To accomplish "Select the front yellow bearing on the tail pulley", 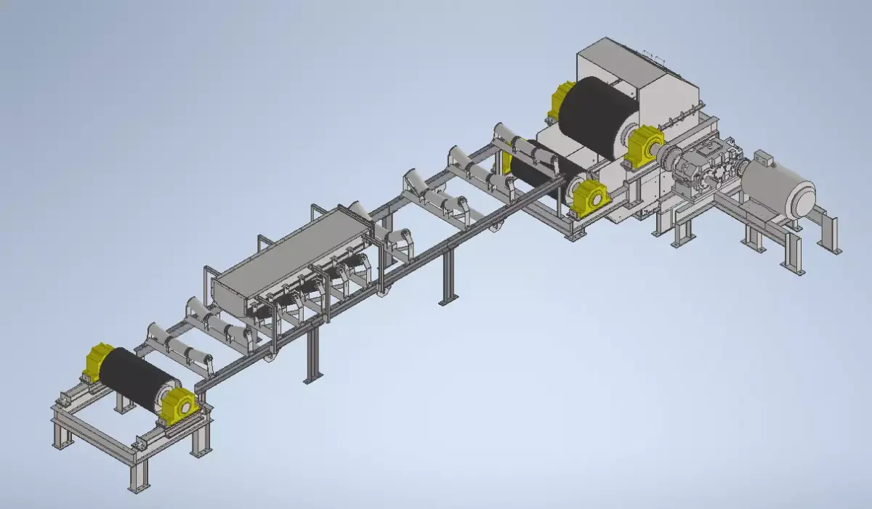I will click(178, 405).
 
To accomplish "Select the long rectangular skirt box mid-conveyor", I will click(291, 258).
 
